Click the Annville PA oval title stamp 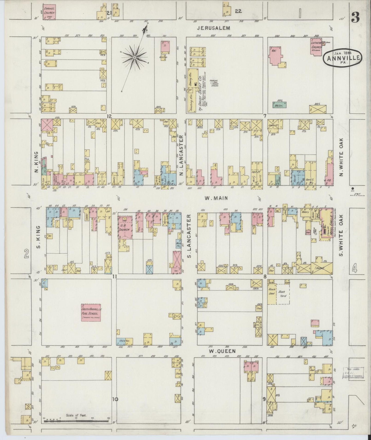pyautogui.click(x=343, y=58)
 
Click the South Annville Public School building pyautogui.click(x=91, y=312)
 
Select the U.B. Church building pyautogui.click(x=125, y=227)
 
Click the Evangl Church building pyautogui.click(x=49, y=12)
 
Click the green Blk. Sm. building pyautogui.click(x=279, y=105)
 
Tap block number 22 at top pyautogui.click(x=238, y=11)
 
